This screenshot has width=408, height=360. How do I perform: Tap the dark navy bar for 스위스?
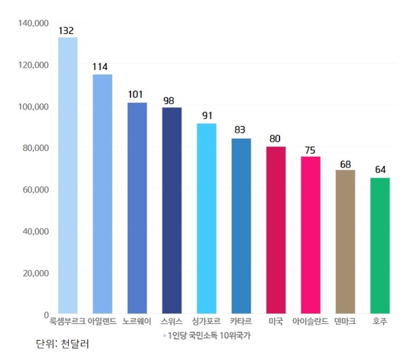coord(171,211)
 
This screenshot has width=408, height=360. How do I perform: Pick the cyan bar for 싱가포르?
coord(206,218)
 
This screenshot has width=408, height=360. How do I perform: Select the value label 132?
coord(67,31)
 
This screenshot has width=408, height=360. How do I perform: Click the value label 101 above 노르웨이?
coord(137,95)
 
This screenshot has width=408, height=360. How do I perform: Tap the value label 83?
coord(240,130)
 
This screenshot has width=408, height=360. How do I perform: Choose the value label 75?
coord(310,150)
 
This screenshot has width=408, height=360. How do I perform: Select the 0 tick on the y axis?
coord(45,315)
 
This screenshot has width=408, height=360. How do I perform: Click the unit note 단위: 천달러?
coord(63,344)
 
